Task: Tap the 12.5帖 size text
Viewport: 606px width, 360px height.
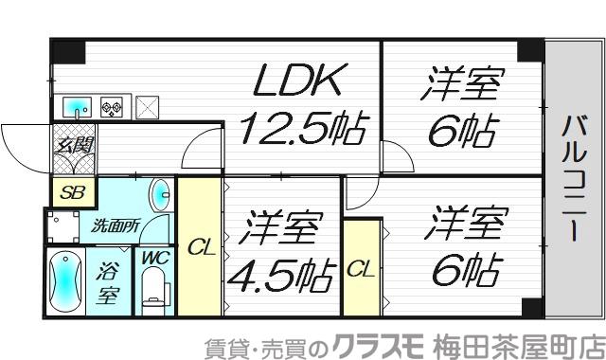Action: coord(301,129)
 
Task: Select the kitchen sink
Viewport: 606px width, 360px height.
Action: coord(78,107)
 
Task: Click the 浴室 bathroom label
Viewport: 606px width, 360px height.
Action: coord(108,280)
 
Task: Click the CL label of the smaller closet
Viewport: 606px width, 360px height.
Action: coord(361,270)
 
